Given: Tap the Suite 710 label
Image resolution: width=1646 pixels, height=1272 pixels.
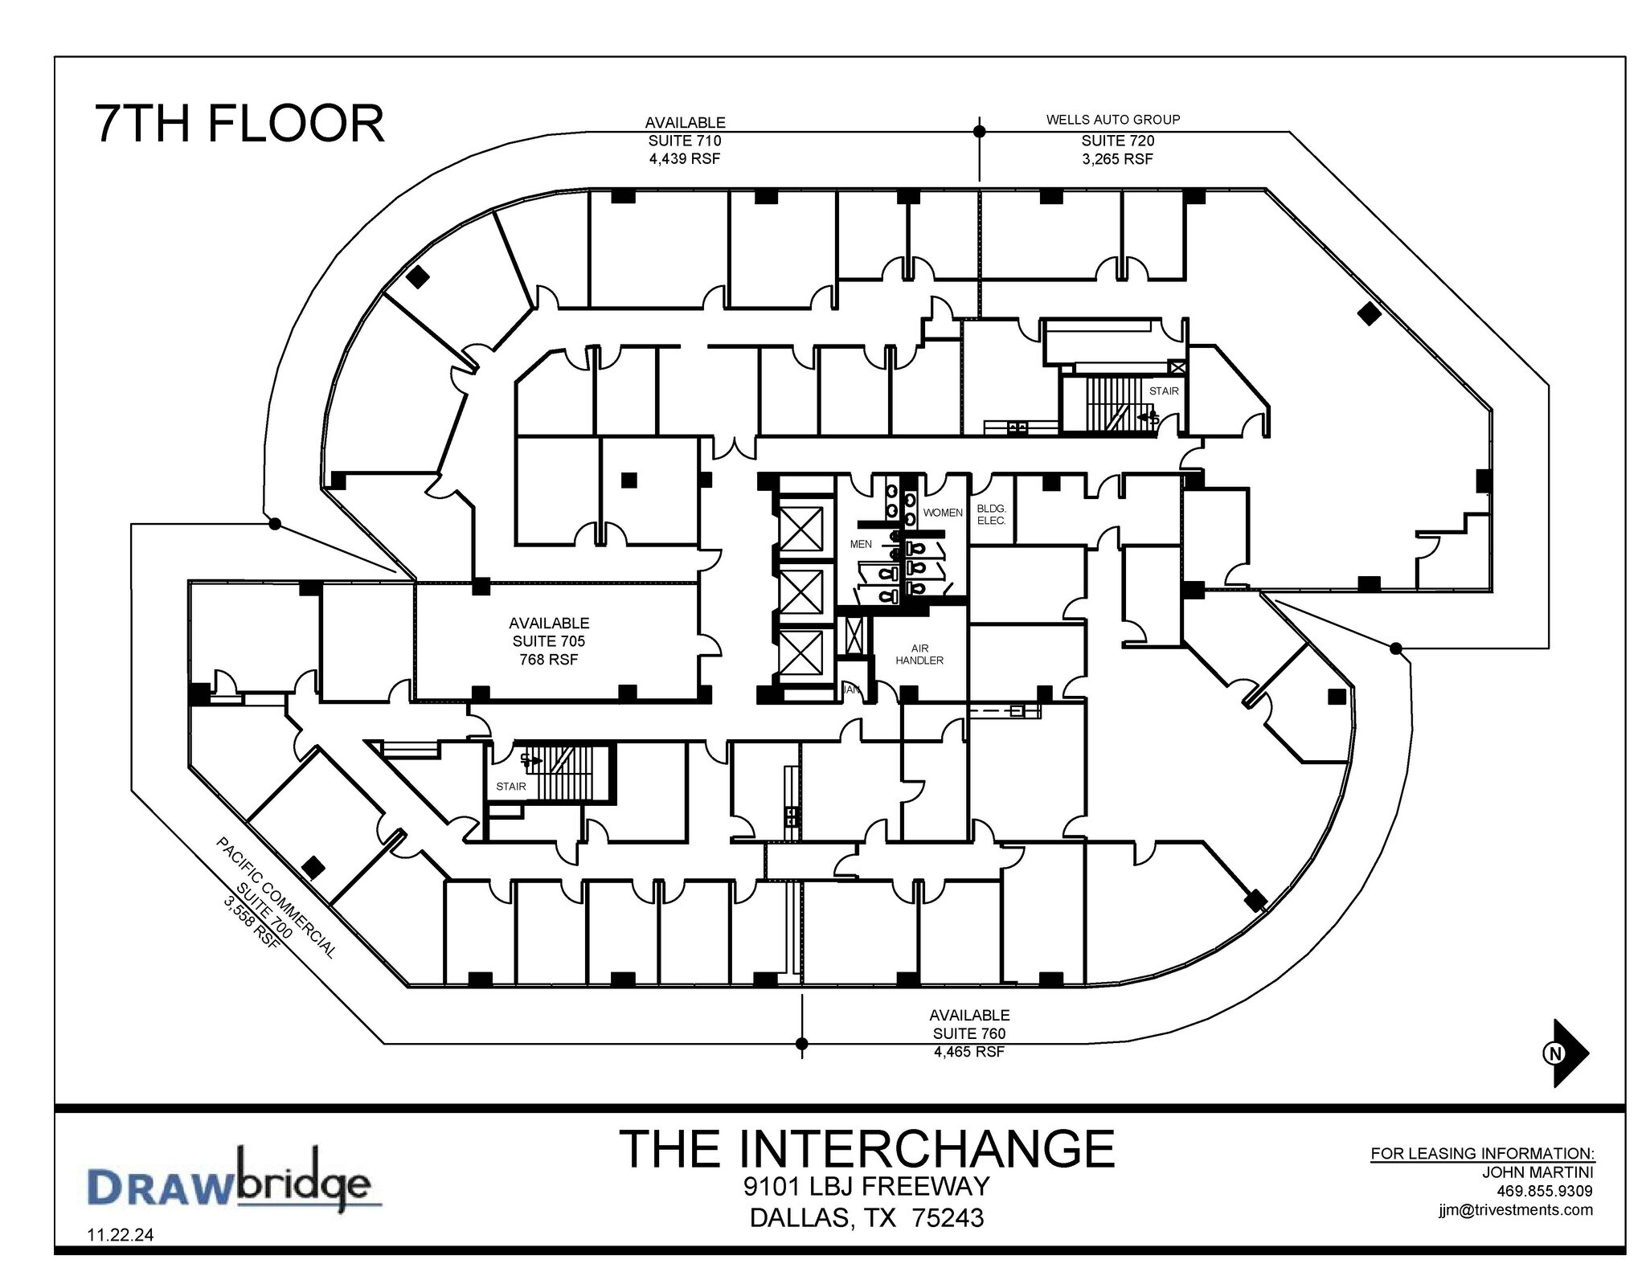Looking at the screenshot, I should click(x=684, y=141).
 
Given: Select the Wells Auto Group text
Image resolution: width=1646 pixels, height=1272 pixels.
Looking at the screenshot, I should click(x=1112, y=120).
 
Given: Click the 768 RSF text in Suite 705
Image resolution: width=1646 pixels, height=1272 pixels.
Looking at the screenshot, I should click(x=548, y=660).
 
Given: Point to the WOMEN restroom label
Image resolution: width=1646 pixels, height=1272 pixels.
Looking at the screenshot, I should click(x=942, y=513).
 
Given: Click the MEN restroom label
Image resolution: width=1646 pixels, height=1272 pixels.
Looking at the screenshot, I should click(x=861, y=544).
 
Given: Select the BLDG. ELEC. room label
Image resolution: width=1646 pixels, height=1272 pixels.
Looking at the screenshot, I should click(x=990, y=514).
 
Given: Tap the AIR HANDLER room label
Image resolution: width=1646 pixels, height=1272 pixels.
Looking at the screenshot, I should click(x=919, y=654).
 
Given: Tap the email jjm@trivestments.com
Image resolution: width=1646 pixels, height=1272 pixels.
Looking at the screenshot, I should click(x=1515, y=1209).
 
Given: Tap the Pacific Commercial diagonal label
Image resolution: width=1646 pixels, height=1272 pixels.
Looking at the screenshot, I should click(x=276, y=897).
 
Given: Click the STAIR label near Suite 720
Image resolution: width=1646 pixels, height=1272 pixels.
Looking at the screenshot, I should click(x=1163, y=391).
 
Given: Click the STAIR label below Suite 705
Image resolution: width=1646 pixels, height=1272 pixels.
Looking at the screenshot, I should click(x=510, y=786).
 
